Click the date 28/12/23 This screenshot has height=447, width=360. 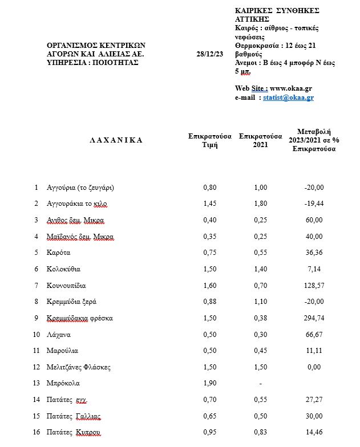209,54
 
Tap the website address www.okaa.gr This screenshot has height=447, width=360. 290,88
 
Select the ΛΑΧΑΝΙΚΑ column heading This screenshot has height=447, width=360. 116,140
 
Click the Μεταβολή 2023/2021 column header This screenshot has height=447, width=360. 314,140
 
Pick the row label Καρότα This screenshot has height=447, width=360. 59,253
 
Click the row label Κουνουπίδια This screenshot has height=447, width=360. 66,285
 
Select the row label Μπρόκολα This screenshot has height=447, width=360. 63,384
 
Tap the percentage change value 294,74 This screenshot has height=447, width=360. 314,318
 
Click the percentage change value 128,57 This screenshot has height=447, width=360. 314,285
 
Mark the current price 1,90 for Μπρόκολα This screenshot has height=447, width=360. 210,384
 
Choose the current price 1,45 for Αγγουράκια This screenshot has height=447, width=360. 210,204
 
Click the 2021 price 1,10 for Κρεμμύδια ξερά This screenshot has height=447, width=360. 261,302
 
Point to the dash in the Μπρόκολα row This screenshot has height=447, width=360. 261,384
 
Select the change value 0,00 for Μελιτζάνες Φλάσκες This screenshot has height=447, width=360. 314,367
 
